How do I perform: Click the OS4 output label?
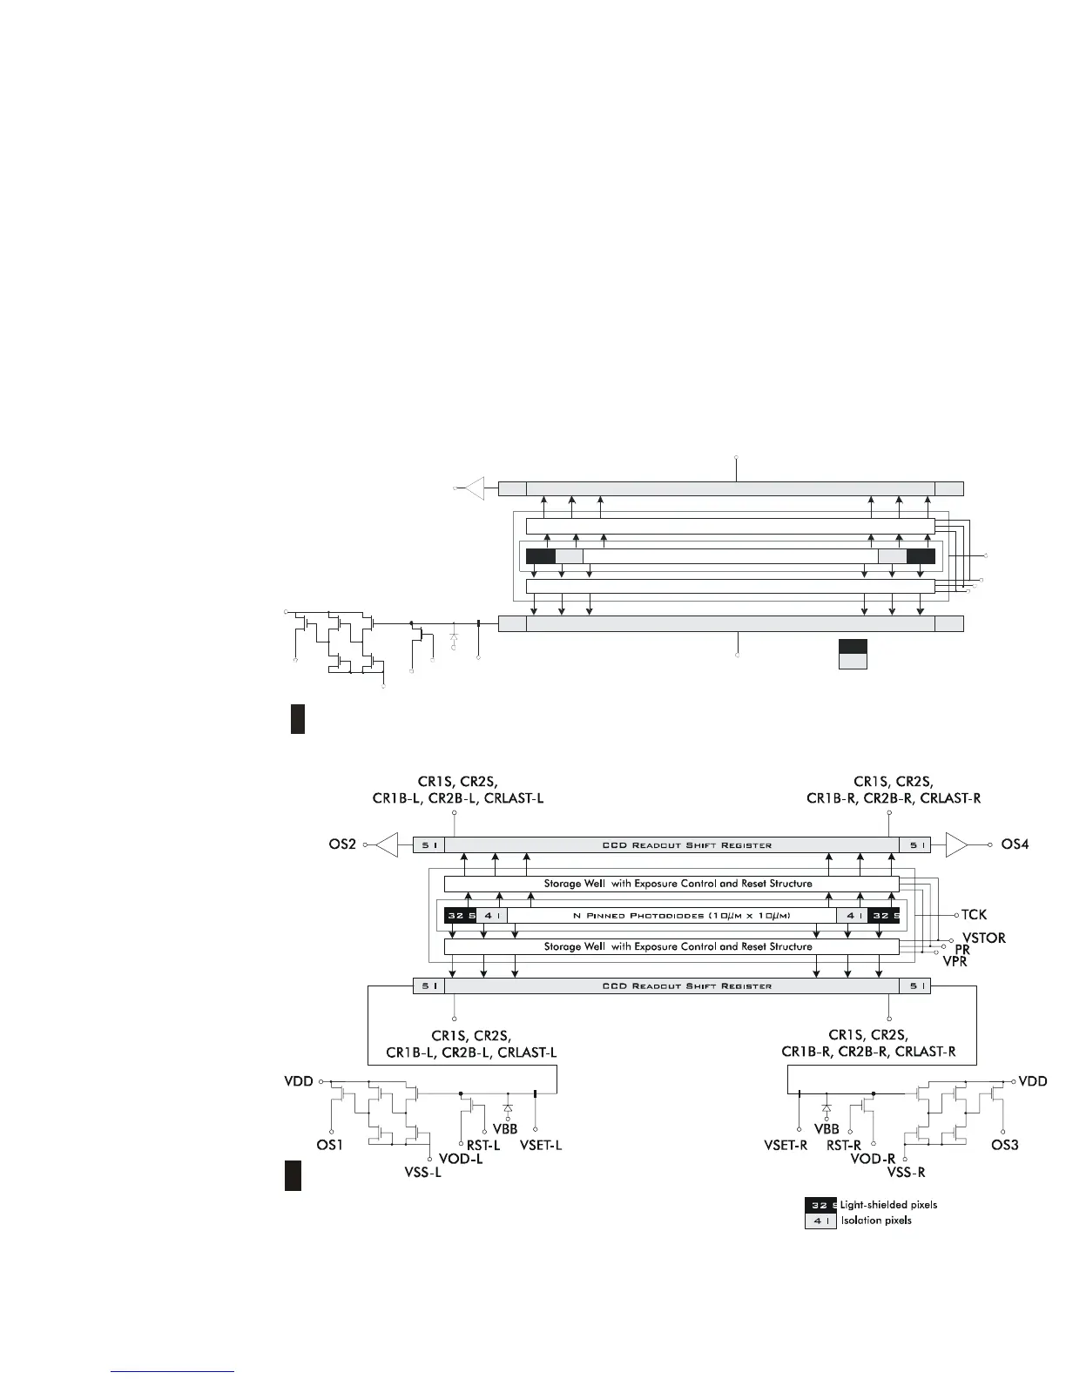tap(1015, 844)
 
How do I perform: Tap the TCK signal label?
tap(974, 915)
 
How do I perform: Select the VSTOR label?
tap(984, 938)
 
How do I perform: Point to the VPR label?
tap(955, 961)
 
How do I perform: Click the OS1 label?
tap(329, 1145)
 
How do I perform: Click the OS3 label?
tap(1005, 1145)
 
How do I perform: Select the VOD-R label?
tap(874, 1160)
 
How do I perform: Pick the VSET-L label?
tap(541, 1145)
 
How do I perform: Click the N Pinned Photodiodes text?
tap(682, 915)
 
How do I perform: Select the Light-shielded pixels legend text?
tap(888, 1205)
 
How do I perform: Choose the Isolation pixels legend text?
tap(876, 1221)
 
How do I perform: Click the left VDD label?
tap(298, 1081)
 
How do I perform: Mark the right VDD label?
tap(1033, 1081)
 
